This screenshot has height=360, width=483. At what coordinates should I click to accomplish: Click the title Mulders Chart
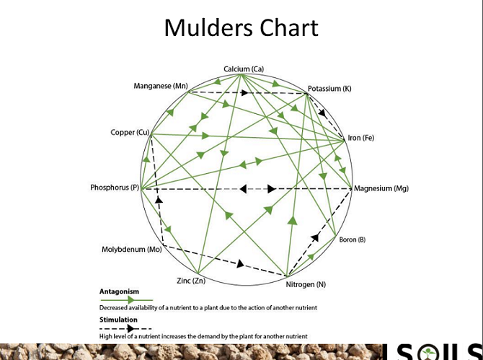pos(241,28)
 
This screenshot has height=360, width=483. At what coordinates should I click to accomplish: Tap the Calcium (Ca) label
pos(244,69)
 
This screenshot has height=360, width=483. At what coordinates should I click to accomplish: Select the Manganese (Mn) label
pos(161,87)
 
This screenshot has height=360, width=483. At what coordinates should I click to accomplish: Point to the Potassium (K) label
pos(329,89)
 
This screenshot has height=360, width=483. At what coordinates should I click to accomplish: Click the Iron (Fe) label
pos(361,138)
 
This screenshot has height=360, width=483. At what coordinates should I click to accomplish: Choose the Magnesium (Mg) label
pos(381,188)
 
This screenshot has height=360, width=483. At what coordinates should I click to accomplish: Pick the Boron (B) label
pos(353,240)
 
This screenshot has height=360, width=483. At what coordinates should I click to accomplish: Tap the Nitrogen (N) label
pos(306,284)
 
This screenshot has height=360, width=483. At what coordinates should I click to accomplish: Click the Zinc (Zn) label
pos(191,280)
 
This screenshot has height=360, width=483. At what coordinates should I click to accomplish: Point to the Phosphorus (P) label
pos(115,188)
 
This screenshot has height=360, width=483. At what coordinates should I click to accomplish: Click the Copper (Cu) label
pos(130,132)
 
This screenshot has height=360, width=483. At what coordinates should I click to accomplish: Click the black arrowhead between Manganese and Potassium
pos(245,92)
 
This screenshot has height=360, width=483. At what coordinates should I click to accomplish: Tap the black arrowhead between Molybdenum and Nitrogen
pos(241,263)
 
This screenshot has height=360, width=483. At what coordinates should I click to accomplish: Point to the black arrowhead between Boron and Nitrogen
pos(314,237)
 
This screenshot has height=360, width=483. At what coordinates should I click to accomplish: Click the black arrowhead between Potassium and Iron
pos(322,113)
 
